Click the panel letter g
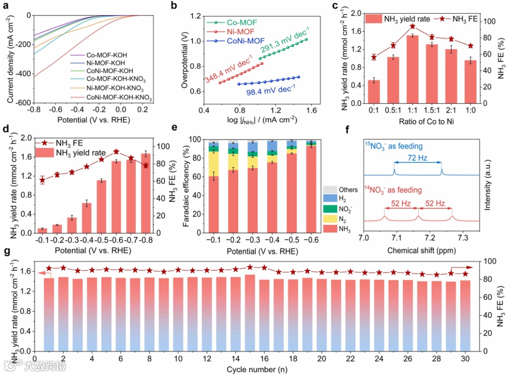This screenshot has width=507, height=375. click(x=7, y=252)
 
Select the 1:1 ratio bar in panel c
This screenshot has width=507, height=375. click(x=413, y=69)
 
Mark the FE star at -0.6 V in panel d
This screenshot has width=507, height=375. click(x=116, y=152)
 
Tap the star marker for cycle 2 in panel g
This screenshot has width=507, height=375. click(x=63, y=268)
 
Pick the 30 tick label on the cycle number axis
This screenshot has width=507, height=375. click(x=465, y=359)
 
